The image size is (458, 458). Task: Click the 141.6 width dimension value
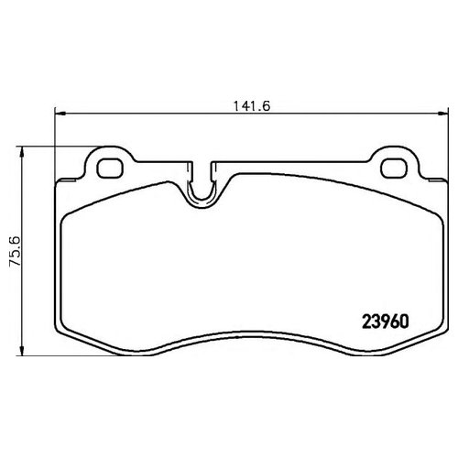coord(252,106)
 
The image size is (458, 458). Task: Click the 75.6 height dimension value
coord(15,251)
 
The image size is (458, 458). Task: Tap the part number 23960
coord(385,322)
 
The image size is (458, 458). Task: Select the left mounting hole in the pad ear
coord(110,169)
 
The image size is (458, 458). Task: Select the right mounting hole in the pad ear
coord(394,169)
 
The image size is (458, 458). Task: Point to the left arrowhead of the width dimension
coord(60,114)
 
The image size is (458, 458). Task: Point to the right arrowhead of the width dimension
coord(442,114)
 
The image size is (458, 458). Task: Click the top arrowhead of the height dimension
coord(21,152)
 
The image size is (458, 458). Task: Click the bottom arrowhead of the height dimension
coord(21,350)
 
